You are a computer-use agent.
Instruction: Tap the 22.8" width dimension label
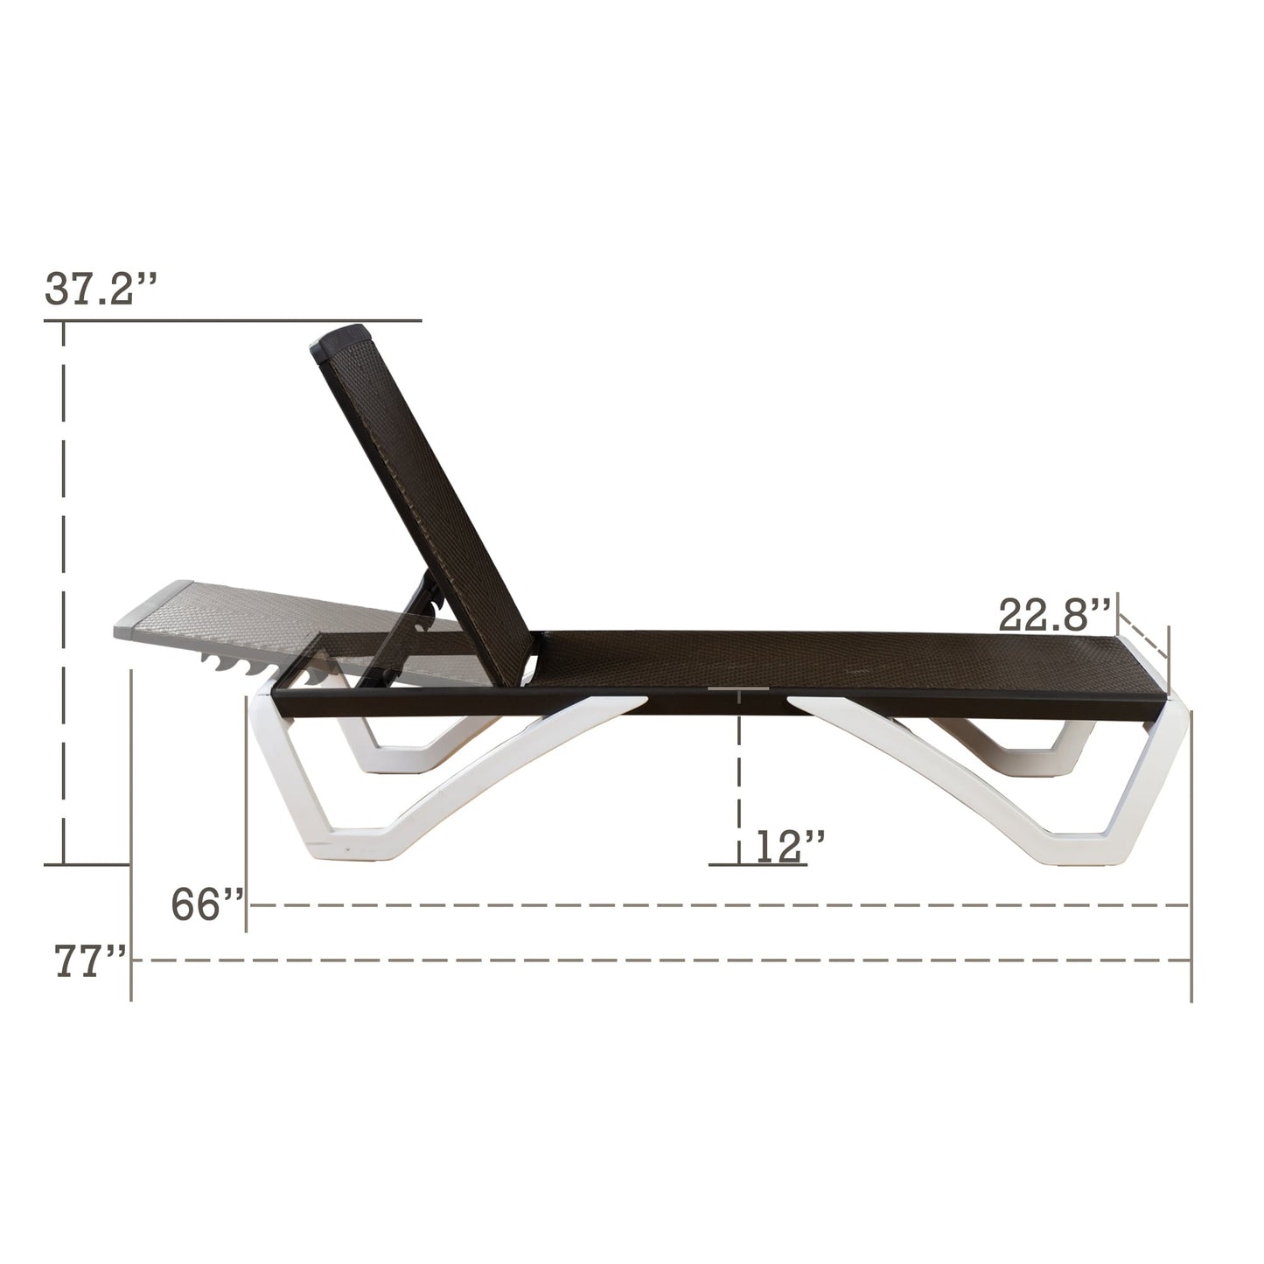1055,616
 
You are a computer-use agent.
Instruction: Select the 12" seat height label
781,847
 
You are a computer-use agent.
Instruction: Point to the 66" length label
206,904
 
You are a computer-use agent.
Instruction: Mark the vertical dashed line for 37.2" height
64,595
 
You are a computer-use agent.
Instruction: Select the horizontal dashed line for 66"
717,905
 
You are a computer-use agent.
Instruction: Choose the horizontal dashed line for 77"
656,960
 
